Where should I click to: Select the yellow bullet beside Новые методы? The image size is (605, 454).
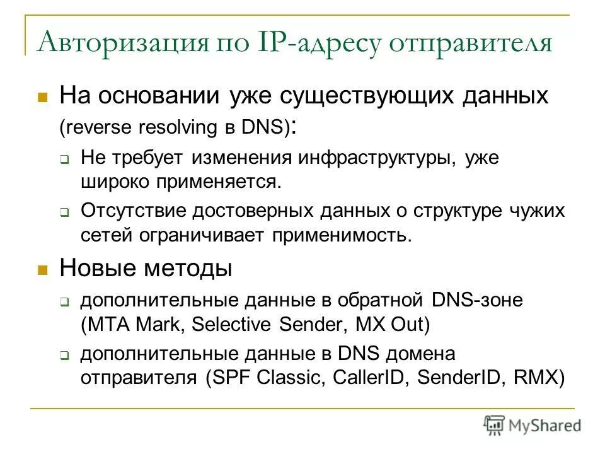point(43,271)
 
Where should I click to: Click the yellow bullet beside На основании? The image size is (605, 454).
point(43,98)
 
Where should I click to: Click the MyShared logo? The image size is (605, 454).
point(533,425)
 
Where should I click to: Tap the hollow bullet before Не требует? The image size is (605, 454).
point(64,160)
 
